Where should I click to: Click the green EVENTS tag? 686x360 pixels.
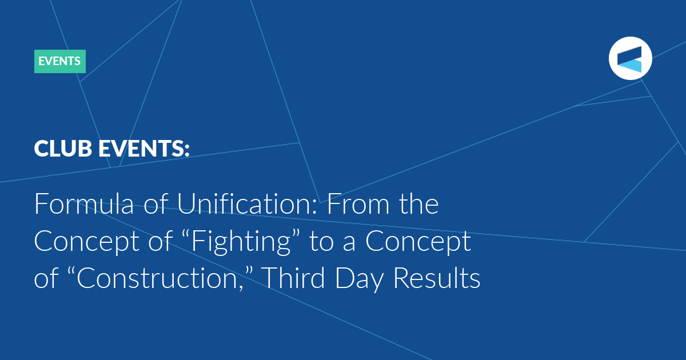point(59,61)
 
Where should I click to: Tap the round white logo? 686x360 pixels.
point(630,58)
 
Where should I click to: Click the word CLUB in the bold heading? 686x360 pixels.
point(63,149)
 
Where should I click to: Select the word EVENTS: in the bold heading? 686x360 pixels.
point(144,149)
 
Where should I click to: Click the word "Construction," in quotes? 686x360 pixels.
point(160,277)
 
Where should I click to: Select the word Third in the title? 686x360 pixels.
point(293,277)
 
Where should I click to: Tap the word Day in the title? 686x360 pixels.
point(360,279)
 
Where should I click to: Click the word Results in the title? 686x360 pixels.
point(437,277)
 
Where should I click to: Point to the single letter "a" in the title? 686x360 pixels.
point(349,244)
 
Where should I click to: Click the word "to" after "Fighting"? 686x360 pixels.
point(321,242)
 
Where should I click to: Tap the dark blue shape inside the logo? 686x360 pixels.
point(629,55)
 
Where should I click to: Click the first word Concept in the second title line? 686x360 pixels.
point(87,242)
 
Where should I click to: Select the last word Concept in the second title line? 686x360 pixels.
point(418,242)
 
